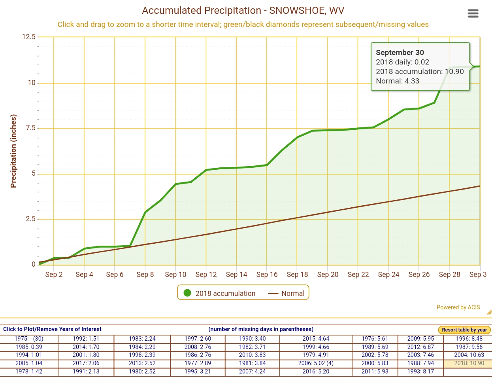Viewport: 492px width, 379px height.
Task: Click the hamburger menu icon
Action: click(x=473, y=14)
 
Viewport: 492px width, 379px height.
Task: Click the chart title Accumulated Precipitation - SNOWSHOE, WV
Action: click(x=243, y=11)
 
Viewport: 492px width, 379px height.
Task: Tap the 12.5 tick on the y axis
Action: click(x=28, y=37)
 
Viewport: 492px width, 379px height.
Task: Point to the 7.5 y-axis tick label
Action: click(x=30, y=128)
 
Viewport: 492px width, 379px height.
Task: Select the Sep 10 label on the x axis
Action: click(x=175, y=275)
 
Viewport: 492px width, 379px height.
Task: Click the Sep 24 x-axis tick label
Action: click(x=388, y=275)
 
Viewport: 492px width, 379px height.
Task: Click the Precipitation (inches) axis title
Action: click(x=14, y=151)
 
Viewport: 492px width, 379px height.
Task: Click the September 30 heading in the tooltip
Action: click(x=400, y=53)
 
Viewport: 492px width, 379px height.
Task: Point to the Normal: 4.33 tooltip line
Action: click(x=397, y=81)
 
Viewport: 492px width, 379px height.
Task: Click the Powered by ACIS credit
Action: click(x=458, y=307)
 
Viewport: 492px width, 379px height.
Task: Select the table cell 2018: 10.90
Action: click(x=469, y=363)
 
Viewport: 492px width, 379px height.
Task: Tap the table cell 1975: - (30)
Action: click(x=29, y=339)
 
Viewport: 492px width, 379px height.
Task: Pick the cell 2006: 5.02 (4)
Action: click(x=316, y=363)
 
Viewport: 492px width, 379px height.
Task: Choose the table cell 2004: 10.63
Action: click(x=469, y=355)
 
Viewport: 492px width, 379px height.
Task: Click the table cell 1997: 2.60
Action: click(x=198, y=339)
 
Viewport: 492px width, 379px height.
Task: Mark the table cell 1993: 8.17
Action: click(x=420, y=371)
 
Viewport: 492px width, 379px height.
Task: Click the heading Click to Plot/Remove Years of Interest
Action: click(x=52, y=329)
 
